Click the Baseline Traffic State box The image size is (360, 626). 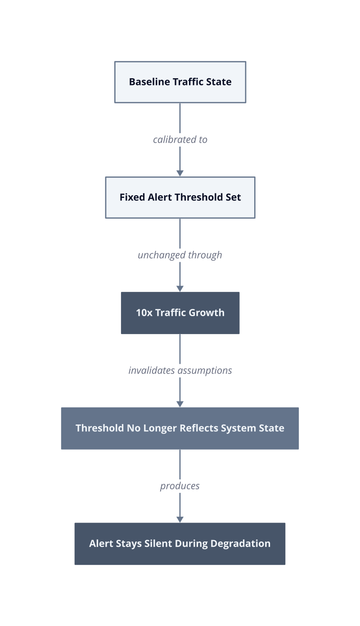(180, 82)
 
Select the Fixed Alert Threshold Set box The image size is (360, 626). (180, 197)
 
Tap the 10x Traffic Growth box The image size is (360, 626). (180, 313)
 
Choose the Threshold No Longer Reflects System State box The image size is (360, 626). (180, 429)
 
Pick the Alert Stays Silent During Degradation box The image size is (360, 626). (180, 544)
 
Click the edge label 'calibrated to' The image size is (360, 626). (180, 139)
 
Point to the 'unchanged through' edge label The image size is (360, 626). (180, 255)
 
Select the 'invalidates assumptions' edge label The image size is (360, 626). (180, 371)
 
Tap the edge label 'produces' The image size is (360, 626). (180, 486)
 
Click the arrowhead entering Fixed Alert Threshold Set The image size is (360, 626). (180, 173)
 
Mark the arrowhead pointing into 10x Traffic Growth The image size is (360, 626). (180, 289)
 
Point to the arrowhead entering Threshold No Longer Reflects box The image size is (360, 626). (180, 404)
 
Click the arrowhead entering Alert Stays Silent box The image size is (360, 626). (180, 519)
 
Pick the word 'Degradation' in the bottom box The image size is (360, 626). (241, 544)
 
